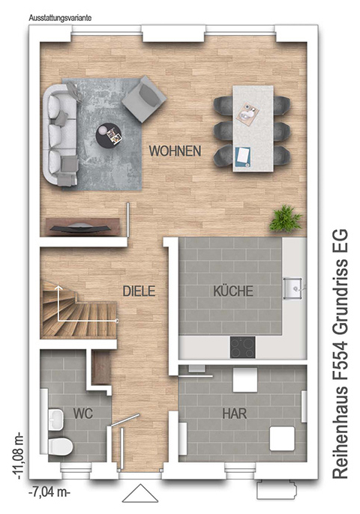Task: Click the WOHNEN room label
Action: point(175,151)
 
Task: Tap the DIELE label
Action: point(139,291)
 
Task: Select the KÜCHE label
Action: point(233,291)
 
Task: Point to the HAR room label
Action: point(235,414)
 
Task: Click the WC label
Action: point(83,414)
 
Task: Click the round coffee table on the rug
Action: point(109,134)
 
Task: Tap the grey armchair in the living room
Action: point(144,99)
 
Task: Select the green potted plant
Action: point(286,219)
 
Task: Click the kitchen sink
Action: point(294,288)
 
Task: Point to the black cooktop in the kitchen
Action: point(242,347)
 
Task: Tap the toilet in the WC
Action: point(60,446)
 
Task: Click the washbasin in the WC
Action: point(55,420)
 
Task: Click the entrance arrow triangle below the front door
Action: point(140,493)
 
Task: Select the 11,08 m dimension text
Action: point(17,455)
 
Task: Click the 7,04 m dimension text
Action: point(49,492)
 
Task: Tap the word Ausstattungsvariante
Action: point(60,18)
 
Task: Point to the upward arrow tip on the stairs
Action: point(58,286)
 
